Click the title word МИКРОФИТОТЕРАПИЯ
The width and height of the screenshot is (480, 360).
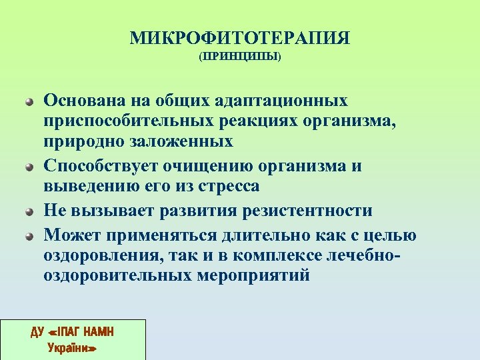(x=240, y=37)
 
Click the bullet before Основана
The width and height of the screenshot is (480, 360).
(x=29, y=103)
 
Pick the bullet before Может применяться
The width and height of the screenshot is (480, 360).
(x=29, y=235)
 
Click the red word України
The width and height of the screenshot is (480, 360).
(x=73, y=347)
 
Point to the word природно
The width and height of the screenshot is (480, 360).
(x=83, y=142)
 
